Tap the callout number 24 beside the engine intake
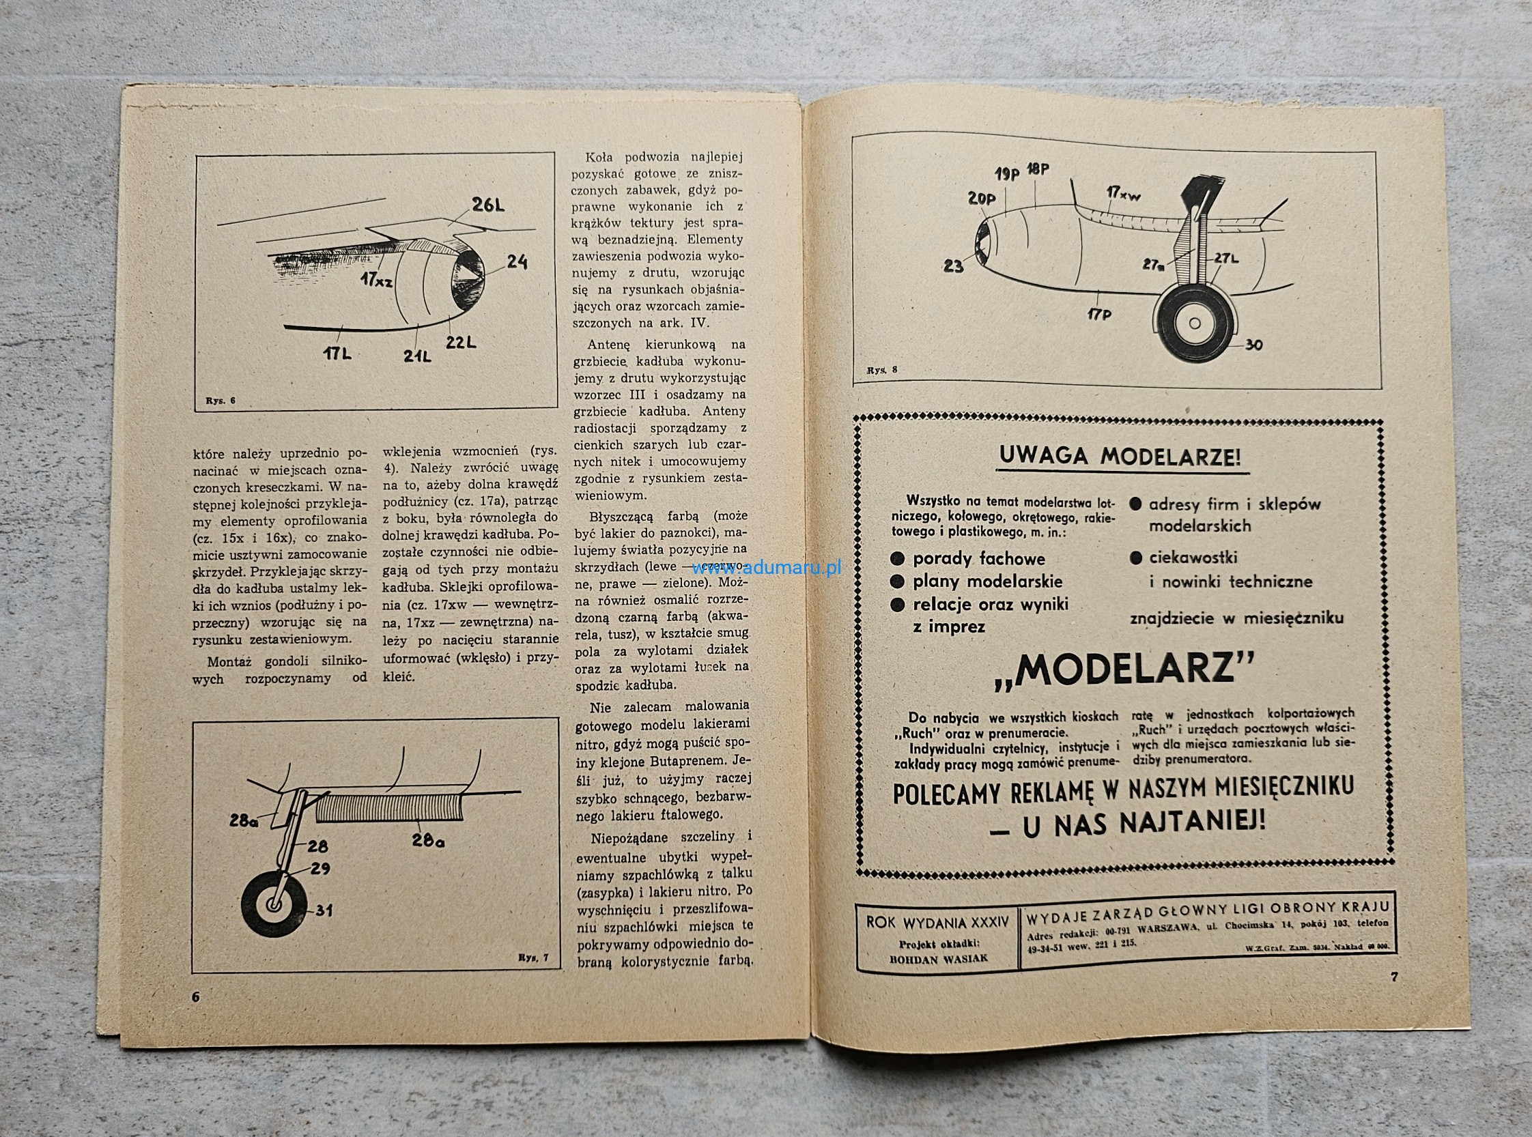coord(517,261)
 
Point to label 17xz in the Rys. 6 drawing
coord(375,280)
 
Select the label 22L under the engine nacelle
coord(461,341)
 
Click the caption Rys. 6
coord(221,401)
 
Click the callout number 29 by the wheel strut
coord(320,869)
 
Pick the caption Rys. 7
coord(534,958)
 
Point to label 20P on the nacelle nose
coord(981,199)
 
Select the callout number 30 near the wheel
coord(1255,345)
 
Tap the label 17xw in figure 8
coord(1124,195)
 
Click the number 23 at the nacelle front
coord(953,265)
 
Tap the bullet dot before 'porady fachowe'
coord(896,559)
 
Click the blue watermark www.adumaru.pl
coord(767,568)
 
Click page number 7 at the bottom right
coord(1394,976)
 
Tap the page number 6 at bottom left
coord(195,997)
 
